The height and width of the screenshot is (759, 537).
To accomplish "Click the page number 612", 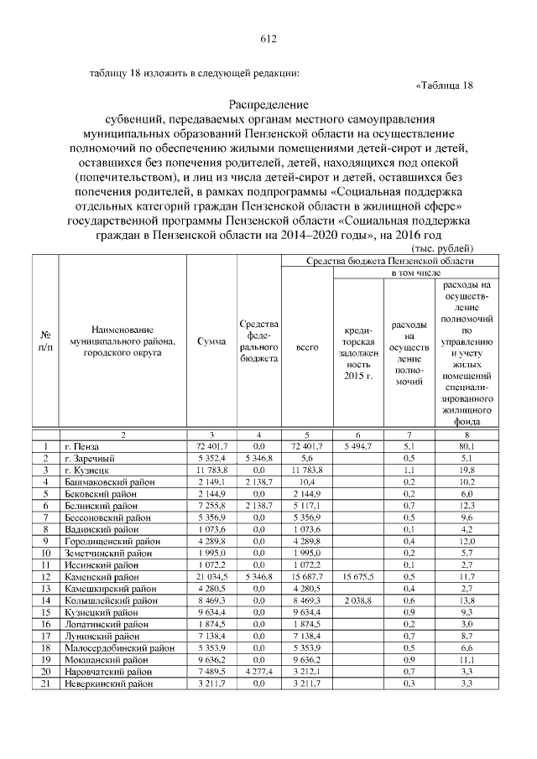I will (x=268, y=39).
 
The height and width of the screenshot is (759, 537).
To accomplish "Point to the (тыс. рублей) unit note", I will (x=443, y=248).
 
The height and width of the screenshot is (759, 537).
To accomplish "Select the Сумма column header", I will (x=211, y=342).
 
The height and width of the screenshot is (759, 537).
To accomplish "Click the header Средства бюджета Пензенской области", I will (x=379, y=262).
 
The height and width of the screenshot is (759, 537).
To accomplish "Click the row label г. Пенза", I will (x=81, y=447).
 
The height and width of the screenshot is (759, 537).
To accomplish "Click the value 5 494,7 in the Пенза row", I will (x=357, y=447).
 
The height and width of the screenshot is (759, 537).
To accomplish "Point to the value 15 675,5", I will (x=357, y=578).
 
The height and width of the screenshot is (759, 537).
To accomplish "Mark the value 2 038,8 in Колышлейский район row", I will (x=357, y=601).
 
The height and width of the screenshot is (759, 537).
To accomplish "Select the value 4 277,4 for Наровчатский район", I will (x=258, y=673).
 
